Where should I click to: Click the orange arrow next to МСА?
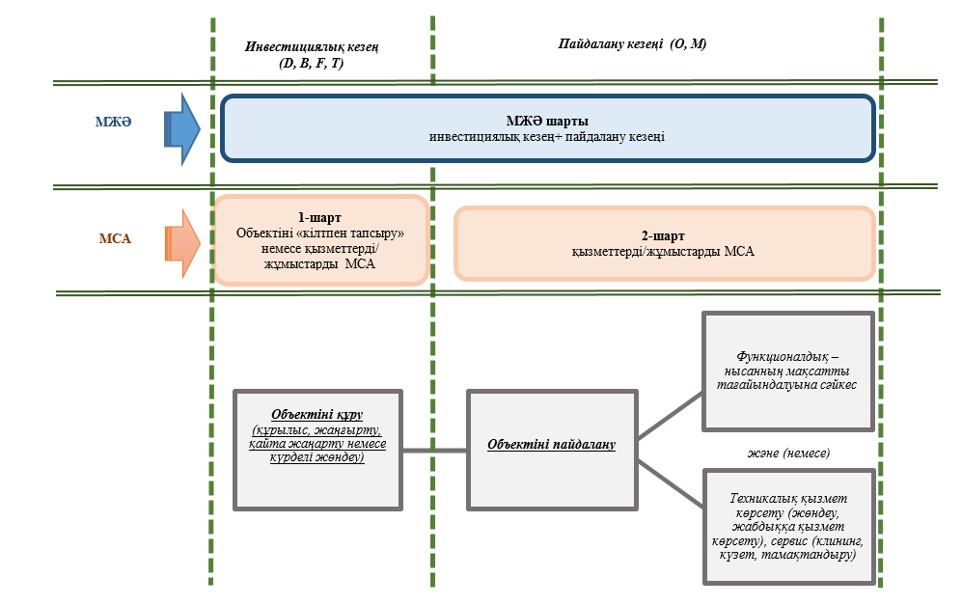(182, 243)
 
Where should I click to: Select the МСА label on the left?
(114, 238)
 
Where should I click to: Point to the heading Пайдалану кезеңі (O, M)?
(632, 44)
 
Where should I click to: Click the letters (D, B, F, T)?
(311, 63)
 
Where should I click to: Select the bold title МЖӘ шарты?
(547, 122)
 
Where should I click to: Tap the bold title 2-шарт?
(664, 234)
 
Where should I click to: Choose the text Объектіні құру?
(317, 415)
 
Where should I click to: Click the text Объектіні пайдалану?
(551, 445)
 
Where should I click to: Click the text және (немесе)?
(788, 452)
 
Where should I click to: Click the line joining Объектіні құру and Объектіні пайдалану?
(434, 450)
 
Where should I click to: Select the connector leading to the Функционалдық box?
(671, 420)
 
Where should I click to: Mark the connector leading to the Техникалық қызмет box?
(671, 481)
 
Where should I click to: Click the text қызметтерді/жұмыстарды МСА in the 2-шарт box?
(664, 251)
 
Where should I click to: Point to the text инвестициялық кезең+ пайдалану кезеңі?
(547, 138)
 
